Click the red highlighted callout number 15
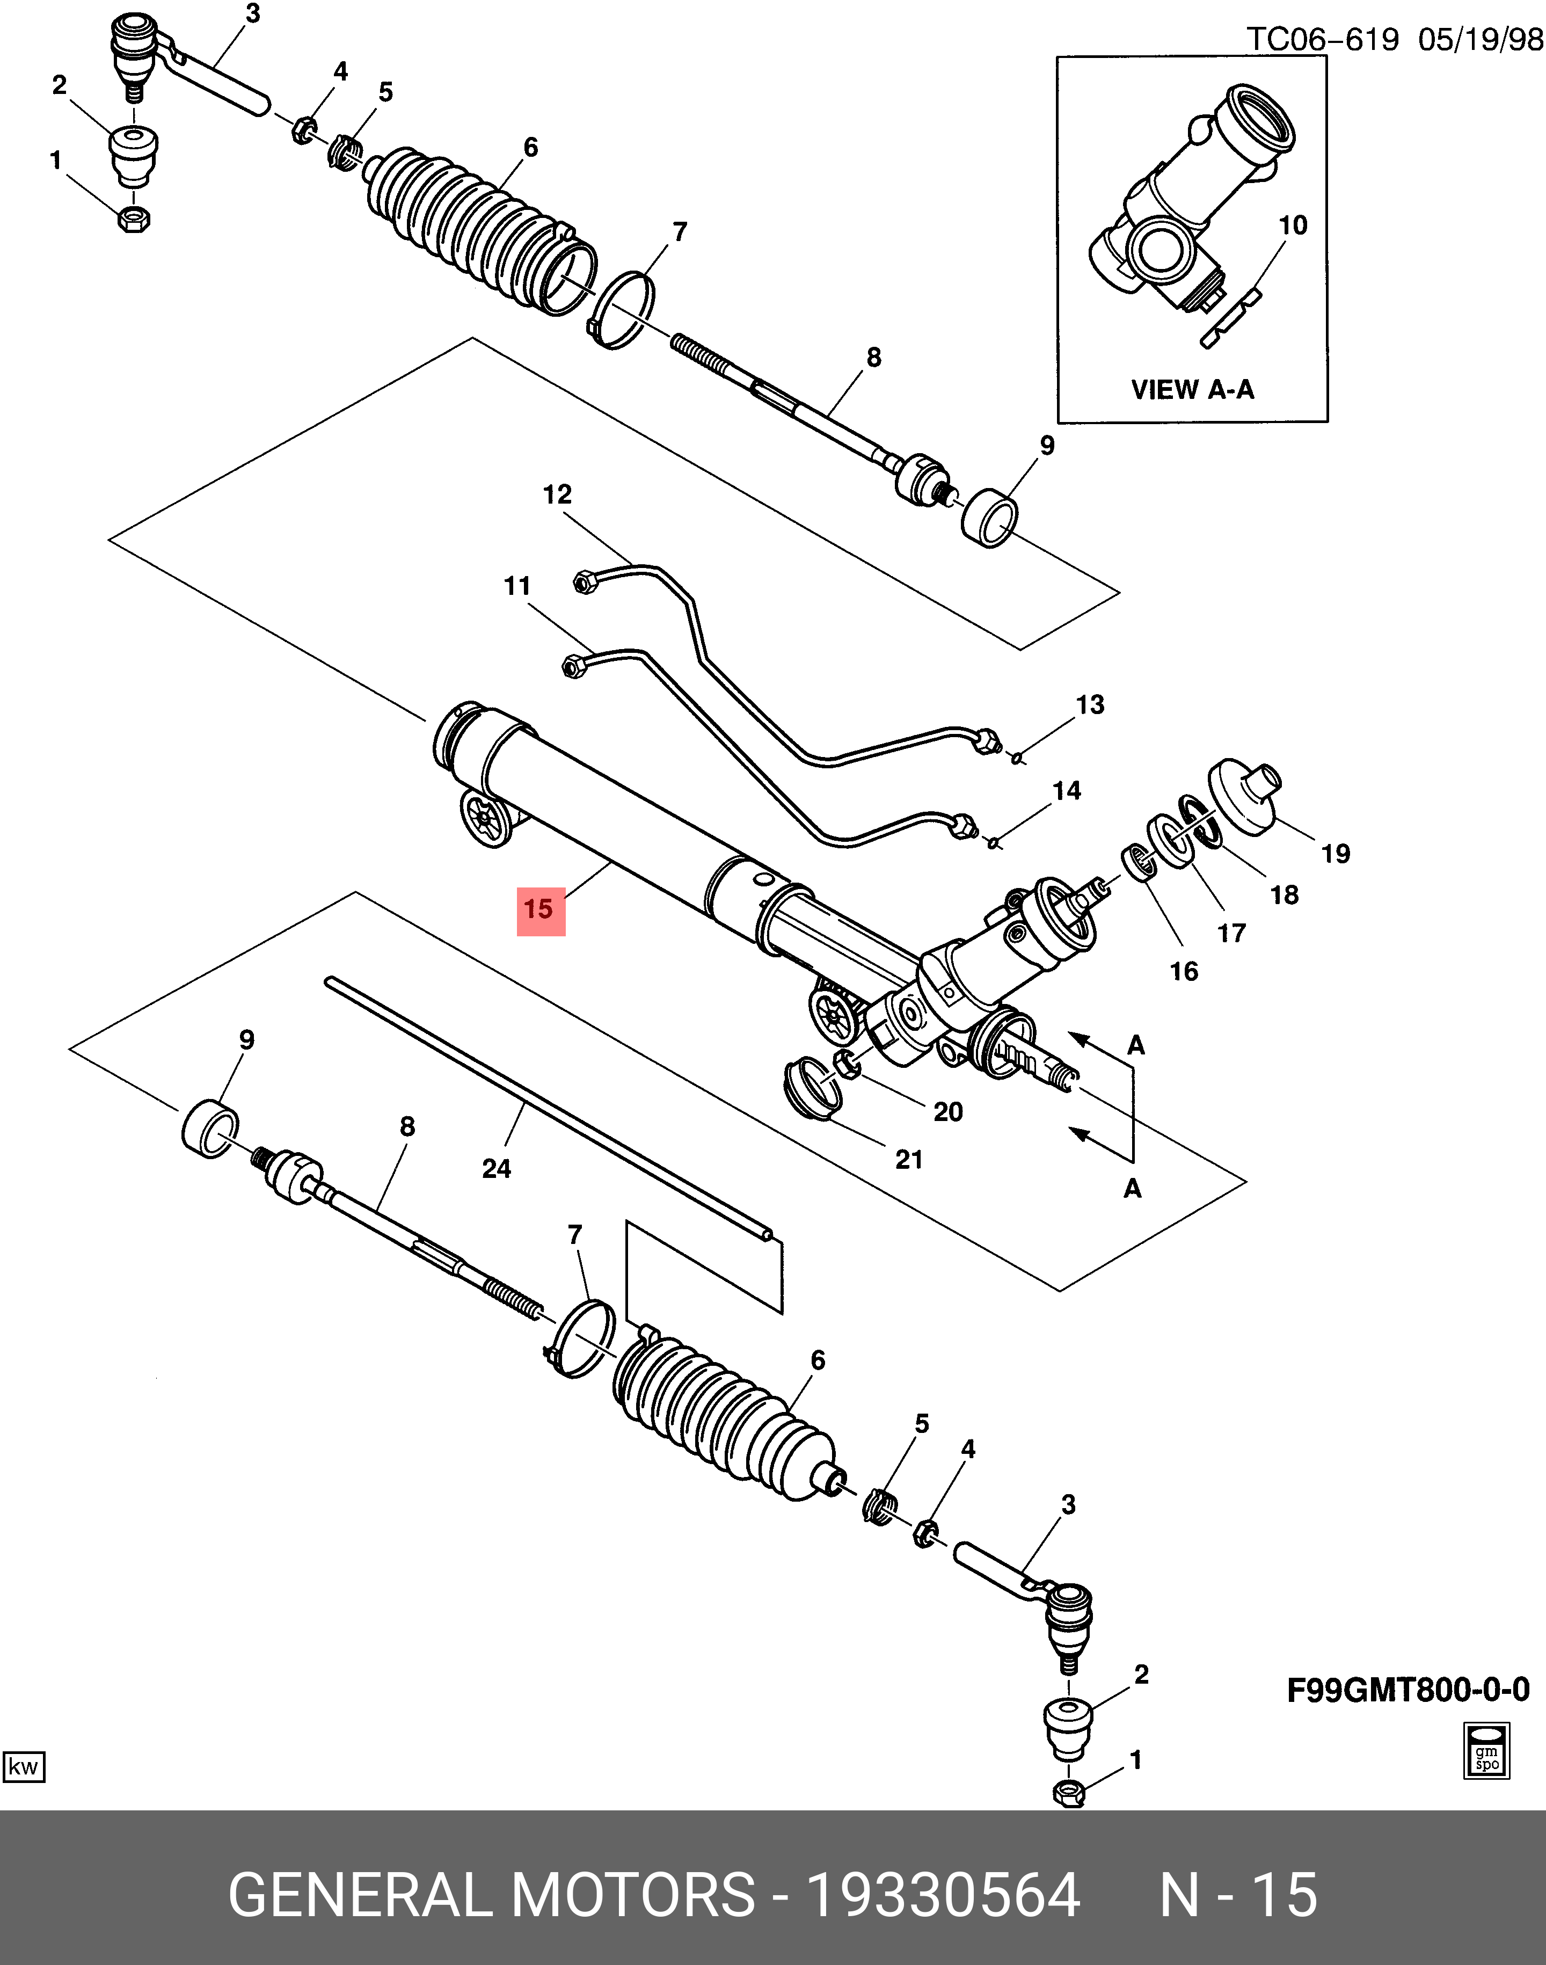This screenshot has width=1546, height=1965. click(x=539, y=909)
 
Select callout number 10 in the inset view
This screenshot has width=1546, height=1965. click(x=1293, y=225)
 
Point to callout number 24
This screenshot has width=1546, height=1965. click(x=496, y=1168)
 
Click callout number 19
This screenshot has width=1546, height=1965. click(x=1335, y=854)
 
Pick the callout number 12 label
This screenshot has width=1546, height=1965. click(x=557, y=494)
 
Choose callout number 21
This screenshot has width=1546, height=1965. click(x=909, y=1160)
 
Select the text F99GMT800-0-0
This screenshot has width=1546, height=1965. click(x=1408, y=1690)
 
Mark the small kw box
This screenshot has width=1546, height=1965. click(x=24, y=1766)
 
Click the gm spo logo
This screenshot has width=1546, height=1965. click(x=1487, y=1750)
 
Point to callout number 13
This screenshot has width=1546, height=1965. click(x=1090, y=705)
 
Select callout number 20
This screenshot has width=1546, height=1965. click(x=947, y=1111)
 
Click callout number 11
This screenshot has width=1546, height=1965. click(x=517, y=586)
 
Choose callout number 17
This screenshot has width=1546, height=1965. click(x=1231, y=933)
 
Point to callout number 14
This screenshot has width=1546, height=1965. click(x=1066, y=791)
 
